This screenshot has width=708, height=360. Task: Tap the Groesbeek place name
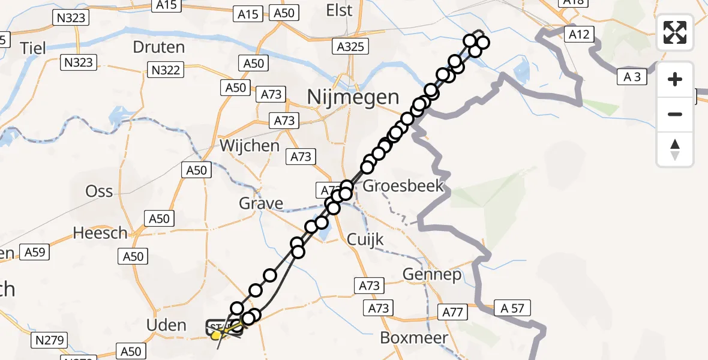pyautogui.click(x=403, y=185)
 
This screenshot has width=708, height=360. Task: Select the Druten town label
pyautogui.click(x=158, y=47)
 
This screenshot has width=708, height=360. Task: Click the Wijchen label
pyautogui.click(x=250, y=146)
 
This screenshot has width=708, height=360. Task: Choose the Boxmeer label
pyautogui.click(x=414, y=337)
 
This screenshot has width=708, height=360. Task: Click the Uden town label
pyautogui.click(x=166, y=325)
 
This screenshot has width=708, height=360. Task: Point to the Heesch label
pyautogui.click(x=100, y=233)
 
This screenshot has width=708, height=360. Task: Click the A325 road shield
pyautogui.click(x=351, y=46)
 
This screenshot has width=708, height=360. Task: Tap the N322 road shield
pyautogui.click(x=166, y=70)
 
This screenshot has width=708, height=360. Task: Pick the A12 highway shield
pyautogui.click(x=578, y=35)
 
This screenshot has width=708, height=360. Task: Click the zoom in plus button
pyautogui.click(x=675, y=79)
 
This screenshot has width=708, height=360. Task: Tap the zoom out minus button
pyautogui.click(x=675, y=114)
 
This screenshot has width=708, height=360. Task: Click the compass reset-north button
pyautogui.click(x=675, y=149)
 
